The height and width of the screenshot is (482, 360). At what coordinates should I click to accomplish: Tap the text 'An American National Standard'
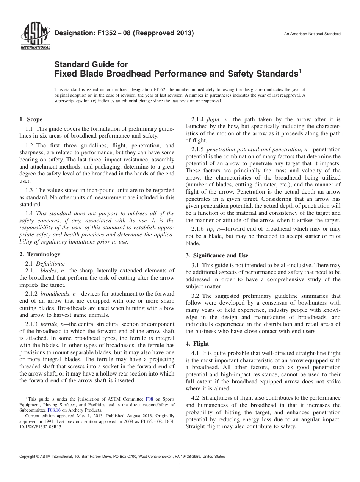point(312,34)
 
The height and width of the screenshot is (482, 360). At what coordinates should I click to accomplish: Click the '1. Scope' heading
point(31,119)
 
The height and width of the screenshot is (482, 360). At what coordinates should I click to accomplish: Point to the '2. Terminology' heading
point(40,254)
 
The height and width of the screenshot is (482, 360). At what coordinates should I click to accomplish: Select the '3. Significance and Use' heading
point(217,255)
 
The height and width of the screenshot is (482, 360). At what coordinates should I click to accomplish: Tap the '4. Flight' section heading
point(197,344)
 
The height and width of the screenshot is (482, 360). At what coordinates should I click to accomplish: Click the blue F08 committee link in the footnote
point(149,399)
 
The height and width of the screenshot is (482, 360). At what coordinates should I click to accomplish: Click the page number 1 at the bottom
point(180,466)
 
